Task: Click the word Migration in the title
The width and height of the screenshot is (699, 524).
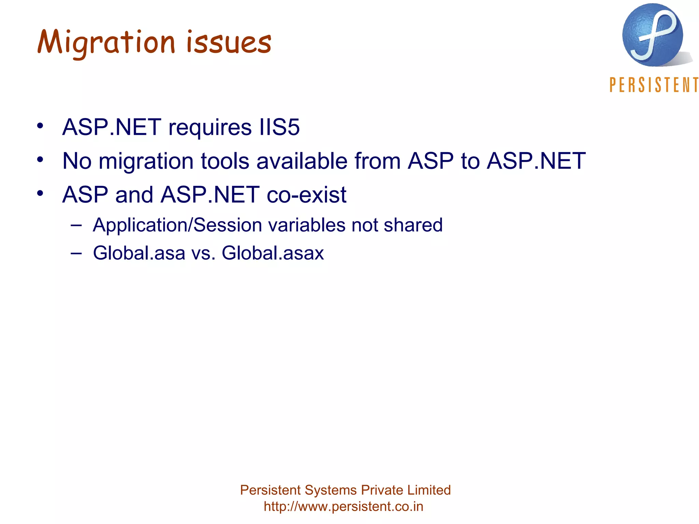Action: pos(106,43)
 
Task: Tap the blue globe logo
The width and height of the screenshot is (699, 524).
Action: pos(653,35)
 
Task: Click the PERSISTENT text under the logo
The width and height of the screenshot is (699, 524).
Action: pos(654,85)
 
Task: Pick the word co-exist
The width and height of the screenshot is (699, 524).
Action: pos(306,194)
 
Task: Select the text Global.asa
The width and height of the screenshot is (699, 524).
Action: pos(139,253)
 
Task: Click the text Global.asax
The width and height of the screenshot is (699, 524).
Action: pos(272,253)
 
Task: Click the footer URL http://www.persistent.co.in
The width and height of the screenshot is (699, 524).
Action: pos(343,506)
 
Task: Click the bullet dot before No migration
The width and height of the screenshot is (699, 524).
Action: pos(40,159)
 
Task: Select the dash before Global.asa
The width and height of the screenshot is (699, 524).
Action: pos(76,253)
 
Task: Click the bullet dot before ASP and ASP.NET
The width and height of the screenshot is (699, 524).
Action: pos(40,193)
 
